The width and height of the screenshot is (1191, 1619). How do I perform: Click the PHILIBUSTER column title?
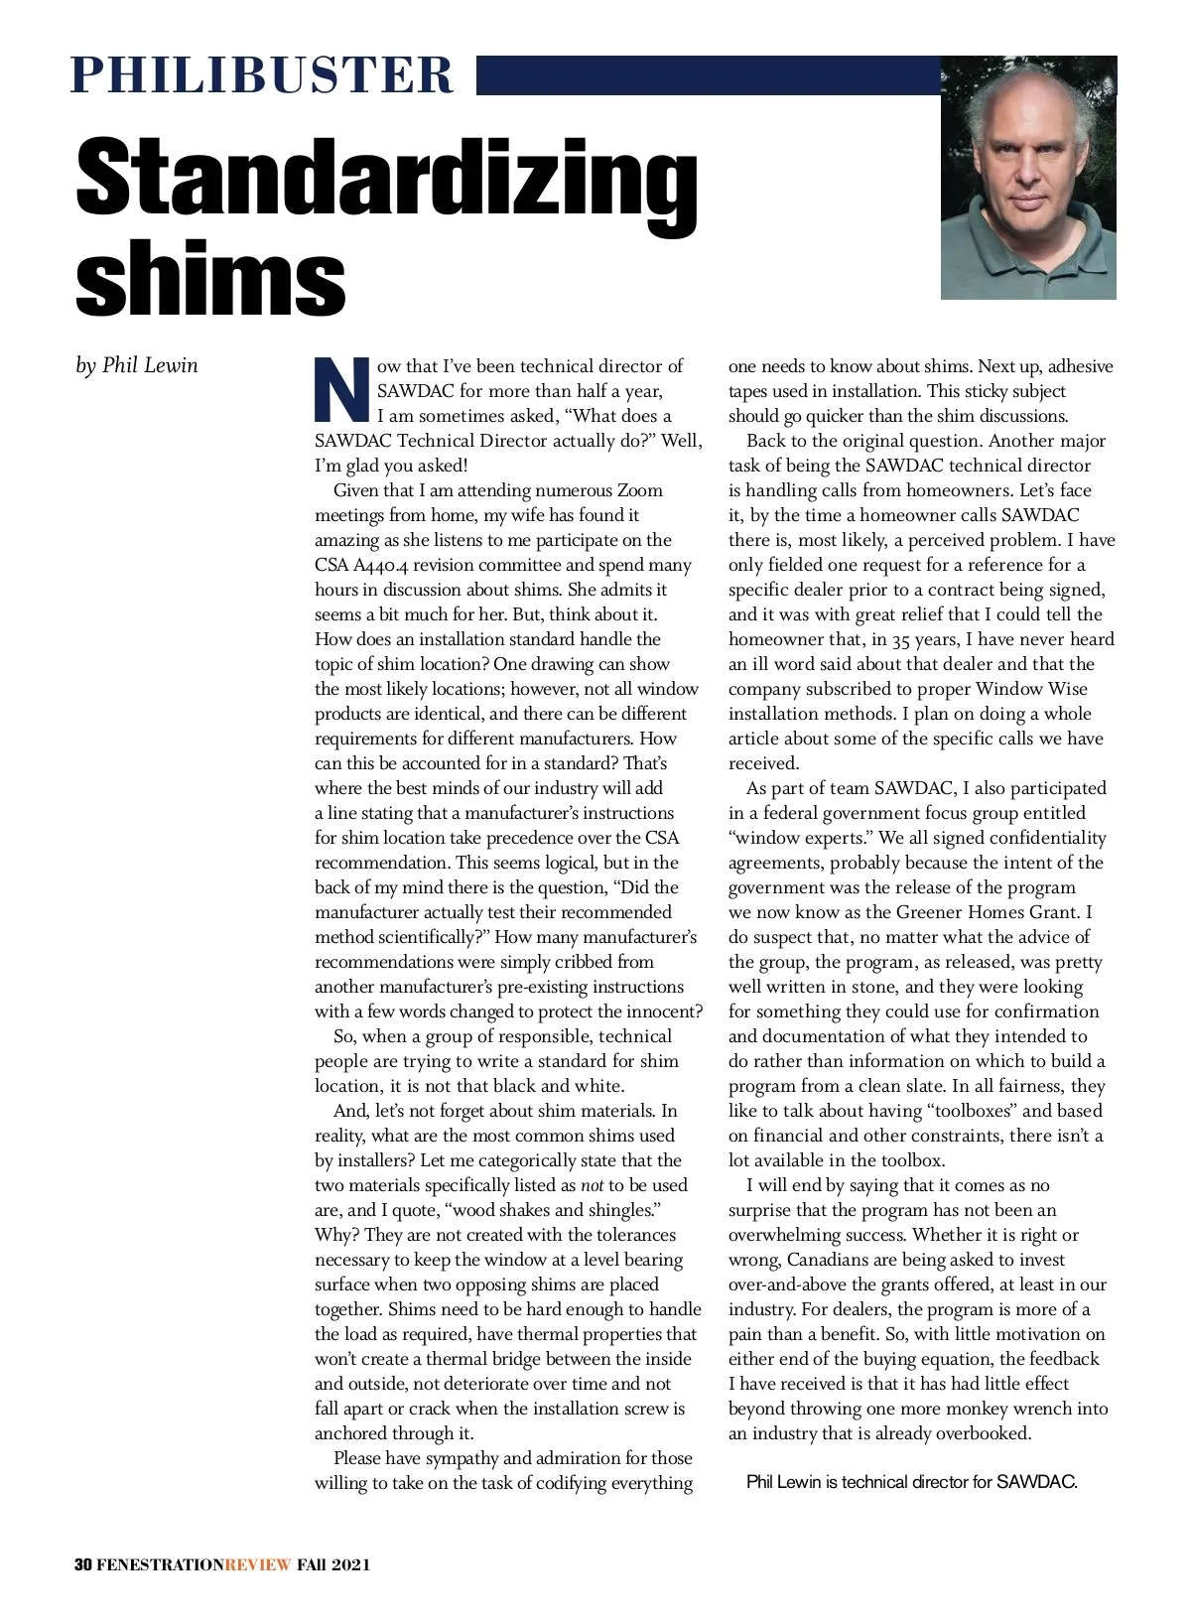262,75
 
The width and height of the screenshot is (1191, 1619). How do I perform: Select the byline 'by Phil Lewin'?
137,365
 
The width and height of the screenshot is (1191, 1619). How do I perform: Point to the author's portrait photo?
1028,178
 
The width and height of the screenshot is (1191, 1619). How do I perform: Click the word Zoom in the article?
640,490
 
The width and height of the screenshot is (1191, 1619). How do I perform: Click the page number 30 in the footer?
83,1565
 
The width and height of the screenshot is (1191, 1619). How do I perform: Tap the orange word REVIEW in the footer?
258,1565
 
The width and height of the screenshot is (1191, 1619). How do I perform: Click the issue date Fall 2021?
334,1565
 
